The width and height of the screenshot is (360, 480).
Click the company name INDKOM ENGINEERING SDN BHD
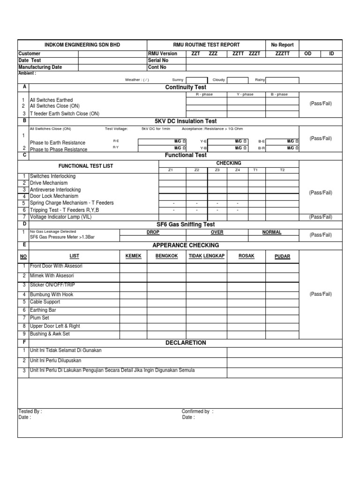click(82, 45)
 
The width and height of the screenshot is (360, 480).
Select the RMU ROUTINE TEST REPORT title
click(206, 45)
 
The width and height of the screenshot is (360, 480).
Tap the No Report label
click(282, 45)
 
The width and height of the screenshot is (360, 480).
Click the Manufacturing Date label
click(40, 67)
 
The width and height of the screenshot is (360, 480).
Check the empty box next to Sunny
click(196, 80)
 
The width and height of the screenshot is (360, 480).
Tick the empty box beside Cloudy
click(237, 80)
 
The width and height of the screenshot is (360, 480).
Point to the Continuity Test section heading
click(186, 87)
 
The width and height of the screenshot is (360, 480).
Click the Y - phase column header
click(245, 94)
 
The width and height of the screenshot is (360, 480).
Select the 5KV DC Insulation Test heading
click(186, 121)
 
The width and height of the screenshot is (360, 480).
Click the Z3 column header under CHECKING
click(217, 170)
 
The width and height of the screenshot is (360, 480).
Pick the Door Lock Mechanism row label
click(54, 196)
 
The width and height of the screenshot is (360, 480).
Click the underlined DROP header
click(153, 232)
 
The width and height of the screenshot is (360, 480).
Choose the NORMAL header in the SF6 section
click(272, 232)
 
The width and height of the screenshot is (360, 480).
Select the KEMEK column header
click(133, 256)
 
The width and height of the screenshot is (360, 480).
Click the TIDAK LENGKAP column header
click(207, 256)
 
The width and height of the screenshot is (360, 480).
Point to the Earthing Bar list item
click(43, 310)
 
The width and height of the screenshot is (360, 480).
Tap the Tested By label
click(30, 412)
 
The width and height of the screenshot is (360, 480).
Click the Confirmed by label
click(197, 412)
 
